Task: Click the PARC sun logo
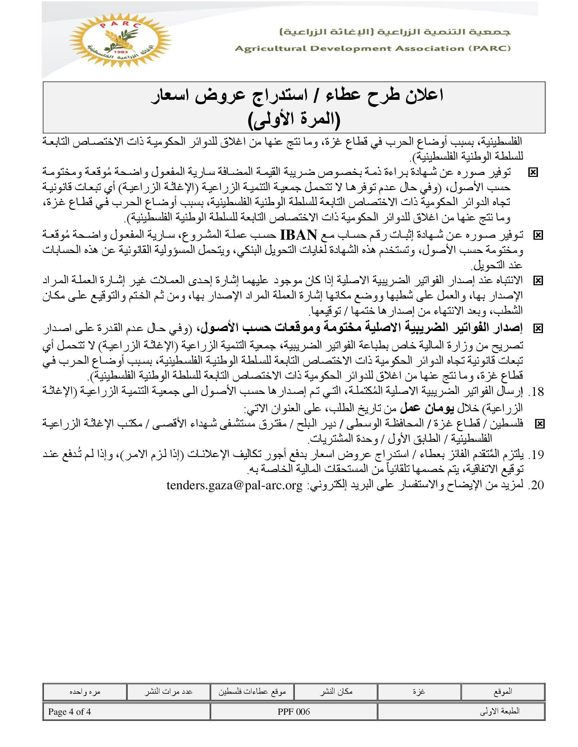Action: click(120, 40)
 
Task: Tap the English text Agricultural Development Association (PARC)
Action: click(373, 49)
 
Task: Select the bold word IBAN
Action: click(298, 235)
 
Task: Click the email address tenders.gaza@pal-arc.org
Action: click(235, 485)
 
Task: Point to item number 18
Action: click(536, 392)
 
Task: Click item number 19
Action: click(536, 455)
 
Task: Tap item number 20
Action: click(536, 485)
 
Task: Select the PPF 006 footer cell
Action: click(293, 712)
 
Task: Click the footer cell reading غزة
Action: click(419, 692)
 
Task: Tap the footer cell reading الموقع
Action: click(503, 692)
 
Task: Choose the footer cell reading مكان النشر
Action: click(336, 692)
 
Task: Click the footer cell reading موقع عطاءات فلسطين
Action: click(252, 692)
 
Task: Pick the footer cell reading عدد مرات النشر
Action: click(168, 692)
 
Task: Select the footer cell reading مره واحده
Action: click(85, 692)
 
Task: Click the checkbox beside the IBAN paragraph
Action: click(538, 235)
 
